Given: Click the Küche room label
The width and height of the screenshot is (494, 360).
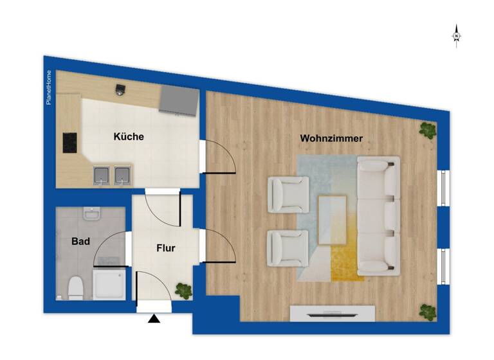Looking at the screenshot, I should coord(129,137).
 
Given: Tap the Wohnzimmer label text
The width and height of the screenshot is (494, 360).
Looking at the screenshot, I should coord(331,138).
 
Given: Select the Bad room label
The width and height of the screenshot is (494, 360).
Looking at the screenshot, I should coord(80,242).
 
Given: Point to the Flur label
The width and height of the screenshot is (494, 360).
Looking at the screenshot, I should coord(165,248).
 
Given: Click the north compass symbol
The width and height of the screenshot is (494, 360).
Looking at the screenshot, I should coord(456,36).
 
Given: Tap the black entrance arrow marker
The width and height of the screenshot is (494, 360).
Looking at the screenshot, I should coord(154,318).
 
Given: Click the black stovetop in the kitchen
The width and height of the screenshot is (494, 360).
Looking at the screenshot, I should coord(70,142).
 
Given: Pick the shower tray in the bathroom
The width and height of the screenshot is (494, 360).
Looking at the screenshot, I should coord(111,284).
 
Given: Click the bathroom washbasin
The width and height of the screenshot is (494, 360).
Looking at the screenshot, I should coord(93,213).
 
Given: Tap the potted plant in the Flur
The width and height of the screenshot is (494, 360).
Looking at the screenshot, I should coord(184,291).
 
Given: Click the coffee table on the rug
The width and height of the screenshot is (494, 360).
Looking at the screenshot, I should coord(333,220).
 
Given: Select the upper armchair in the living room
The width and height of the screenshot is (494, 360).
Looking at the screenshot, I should coord(288,195).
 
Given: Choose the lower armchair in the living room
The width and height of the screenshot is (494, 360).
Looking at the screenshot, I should coord(287,248).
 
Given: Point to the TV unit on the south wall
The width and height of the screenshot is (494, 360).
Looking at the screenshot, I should coord(332,314).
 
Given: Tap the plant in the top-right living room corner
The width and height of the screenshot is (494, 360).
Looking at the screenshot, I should coord(427,130).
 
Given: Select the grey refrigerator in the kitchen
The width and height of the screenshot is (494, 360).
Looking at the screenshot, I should coord(178,100).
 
